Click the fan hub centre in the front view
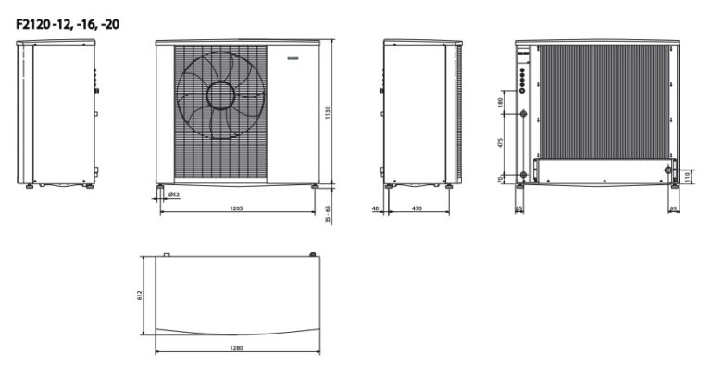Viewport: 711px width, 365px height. point(223,96)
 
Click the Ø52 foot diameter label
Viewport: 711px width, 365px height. point(173,195)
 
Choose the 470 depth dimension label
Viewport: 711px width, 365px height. point(417,209)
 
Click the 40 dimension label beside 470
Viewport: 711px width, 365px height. point(377,209)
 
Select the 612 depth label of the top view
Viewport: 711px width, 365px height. point(139,296)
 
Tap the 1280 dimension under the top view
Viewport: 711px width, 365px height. point(237,348)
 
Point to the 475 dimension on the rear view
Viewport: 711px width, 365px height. point(500,144)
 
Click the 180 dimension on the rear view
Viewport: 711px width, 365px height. point(500,100)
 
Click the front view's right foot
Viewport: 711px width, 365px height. point(315,186)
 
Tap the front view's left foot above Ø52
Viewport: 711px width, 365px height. point(160,186)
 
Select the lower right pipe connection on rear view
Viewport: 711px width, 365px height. point(667,172)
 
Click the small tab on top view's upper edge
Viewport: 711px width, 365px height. point(166,253)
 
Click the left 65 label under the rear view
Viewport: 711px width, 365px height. point(518,209)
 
